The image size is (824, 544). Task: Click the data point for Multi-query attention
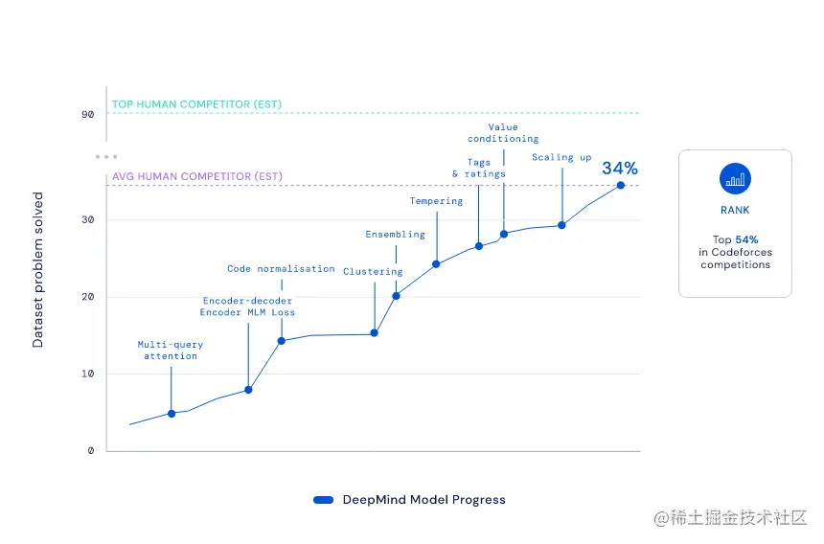click(x=172, y=414)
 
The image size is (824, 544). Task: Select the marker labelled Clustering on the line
click(x=374, y=333)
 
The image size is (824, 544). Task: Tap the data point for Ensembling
click(x=396, y=295)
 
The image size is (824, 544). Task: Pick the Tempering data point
click(x=436, y=264)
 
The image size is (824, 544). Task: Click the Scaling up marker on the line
click(x=561, y=225)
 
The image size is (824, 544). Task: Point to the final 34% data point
click(x=621, y=185)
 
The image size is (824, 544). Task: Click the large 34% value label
click(x=619, y=169)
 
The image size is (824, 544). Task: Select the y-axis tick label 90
click(x=88, y=114)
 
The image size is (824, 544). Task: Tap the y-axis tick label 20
click(x=88, y=297)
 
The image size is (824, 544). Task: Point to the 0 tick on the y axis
click(x=91, y=450)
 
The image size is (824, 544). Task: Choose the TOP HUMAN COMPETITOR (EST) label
click(x=196, y=104)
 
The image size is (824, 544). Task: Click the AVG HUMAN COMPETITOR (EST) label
click(x=197, y=176)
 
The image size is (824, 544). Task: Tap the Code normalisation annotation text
click(x=281, y=269)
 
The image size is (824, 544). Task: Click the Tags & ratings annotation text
click(x=478, y=169)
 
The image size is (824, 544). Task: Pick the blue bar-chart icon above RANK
click(x=735, y=179)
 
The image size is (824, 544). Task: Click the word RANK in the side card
click(x=735, y=210)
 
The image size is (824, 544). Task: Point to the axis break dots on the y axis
click(x=106, y=156)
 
